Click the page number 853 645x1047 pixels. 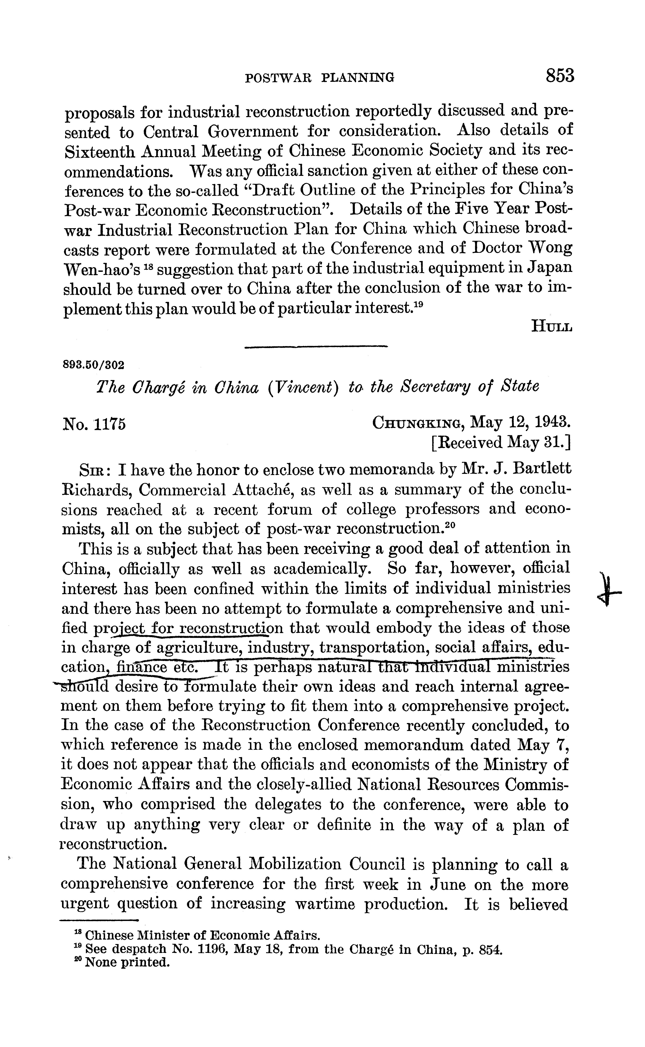[559, 75]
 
